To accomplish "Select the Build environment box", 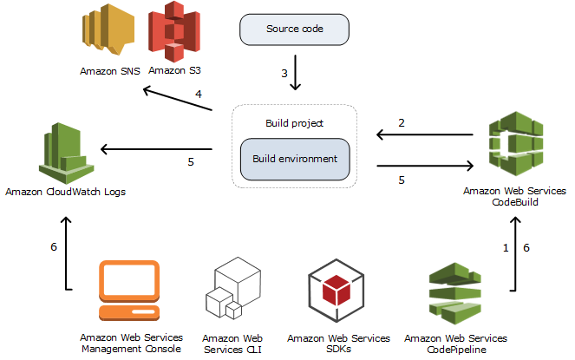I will [x=295, y=160].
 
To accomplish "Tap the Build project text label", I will [x=294, y=123].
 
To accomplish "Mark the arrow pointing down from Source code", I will [x=297, y=73].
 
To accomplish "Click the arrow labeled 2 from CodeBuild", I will [x=424, y=134].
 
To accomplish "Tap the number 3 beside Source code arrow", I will [x=284, y=74].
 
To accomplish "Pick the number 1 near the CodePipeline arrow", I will [x=506, y=248].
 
